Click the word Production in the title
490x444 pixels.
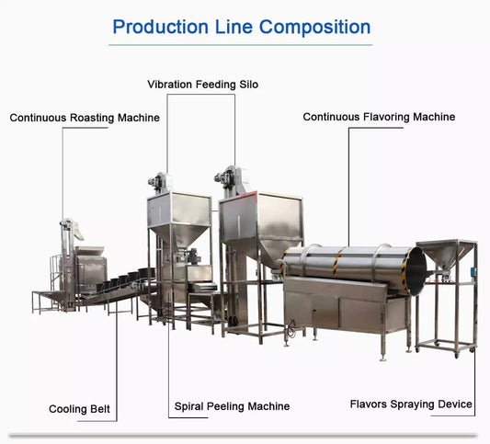(160, 27)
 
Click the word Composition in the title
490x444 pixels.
(315, 28)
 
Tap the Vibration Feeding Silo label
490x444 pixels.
(203, 85)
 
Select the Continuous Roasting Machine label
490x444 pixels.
(85, 118)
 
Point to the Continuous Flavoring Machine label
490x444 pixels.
(379, 117)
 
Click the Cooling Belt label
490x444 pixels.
(79, 409)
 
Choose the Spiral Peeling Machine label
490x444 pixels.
(233, 406)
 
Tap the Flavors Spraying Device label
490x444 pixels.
(411, 404)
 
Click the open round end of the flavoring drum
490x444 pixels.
(416, 270)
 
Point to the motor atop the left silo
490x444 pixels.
(157, 181)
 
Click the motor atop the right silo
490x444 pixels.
(224, 176)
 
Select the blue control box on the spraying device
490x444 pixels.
(473, 271)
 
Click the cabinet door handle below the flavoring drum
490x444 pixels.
(314, 312)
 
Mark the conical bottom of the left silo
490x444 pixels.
(178, 235)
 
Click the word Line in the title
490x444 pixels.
(234, 27)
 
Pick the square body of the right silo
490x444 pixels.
(260, 216)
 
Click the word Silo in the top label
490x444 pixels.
(249, 85)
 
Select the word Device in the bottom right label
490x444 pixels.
(455, 404)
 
